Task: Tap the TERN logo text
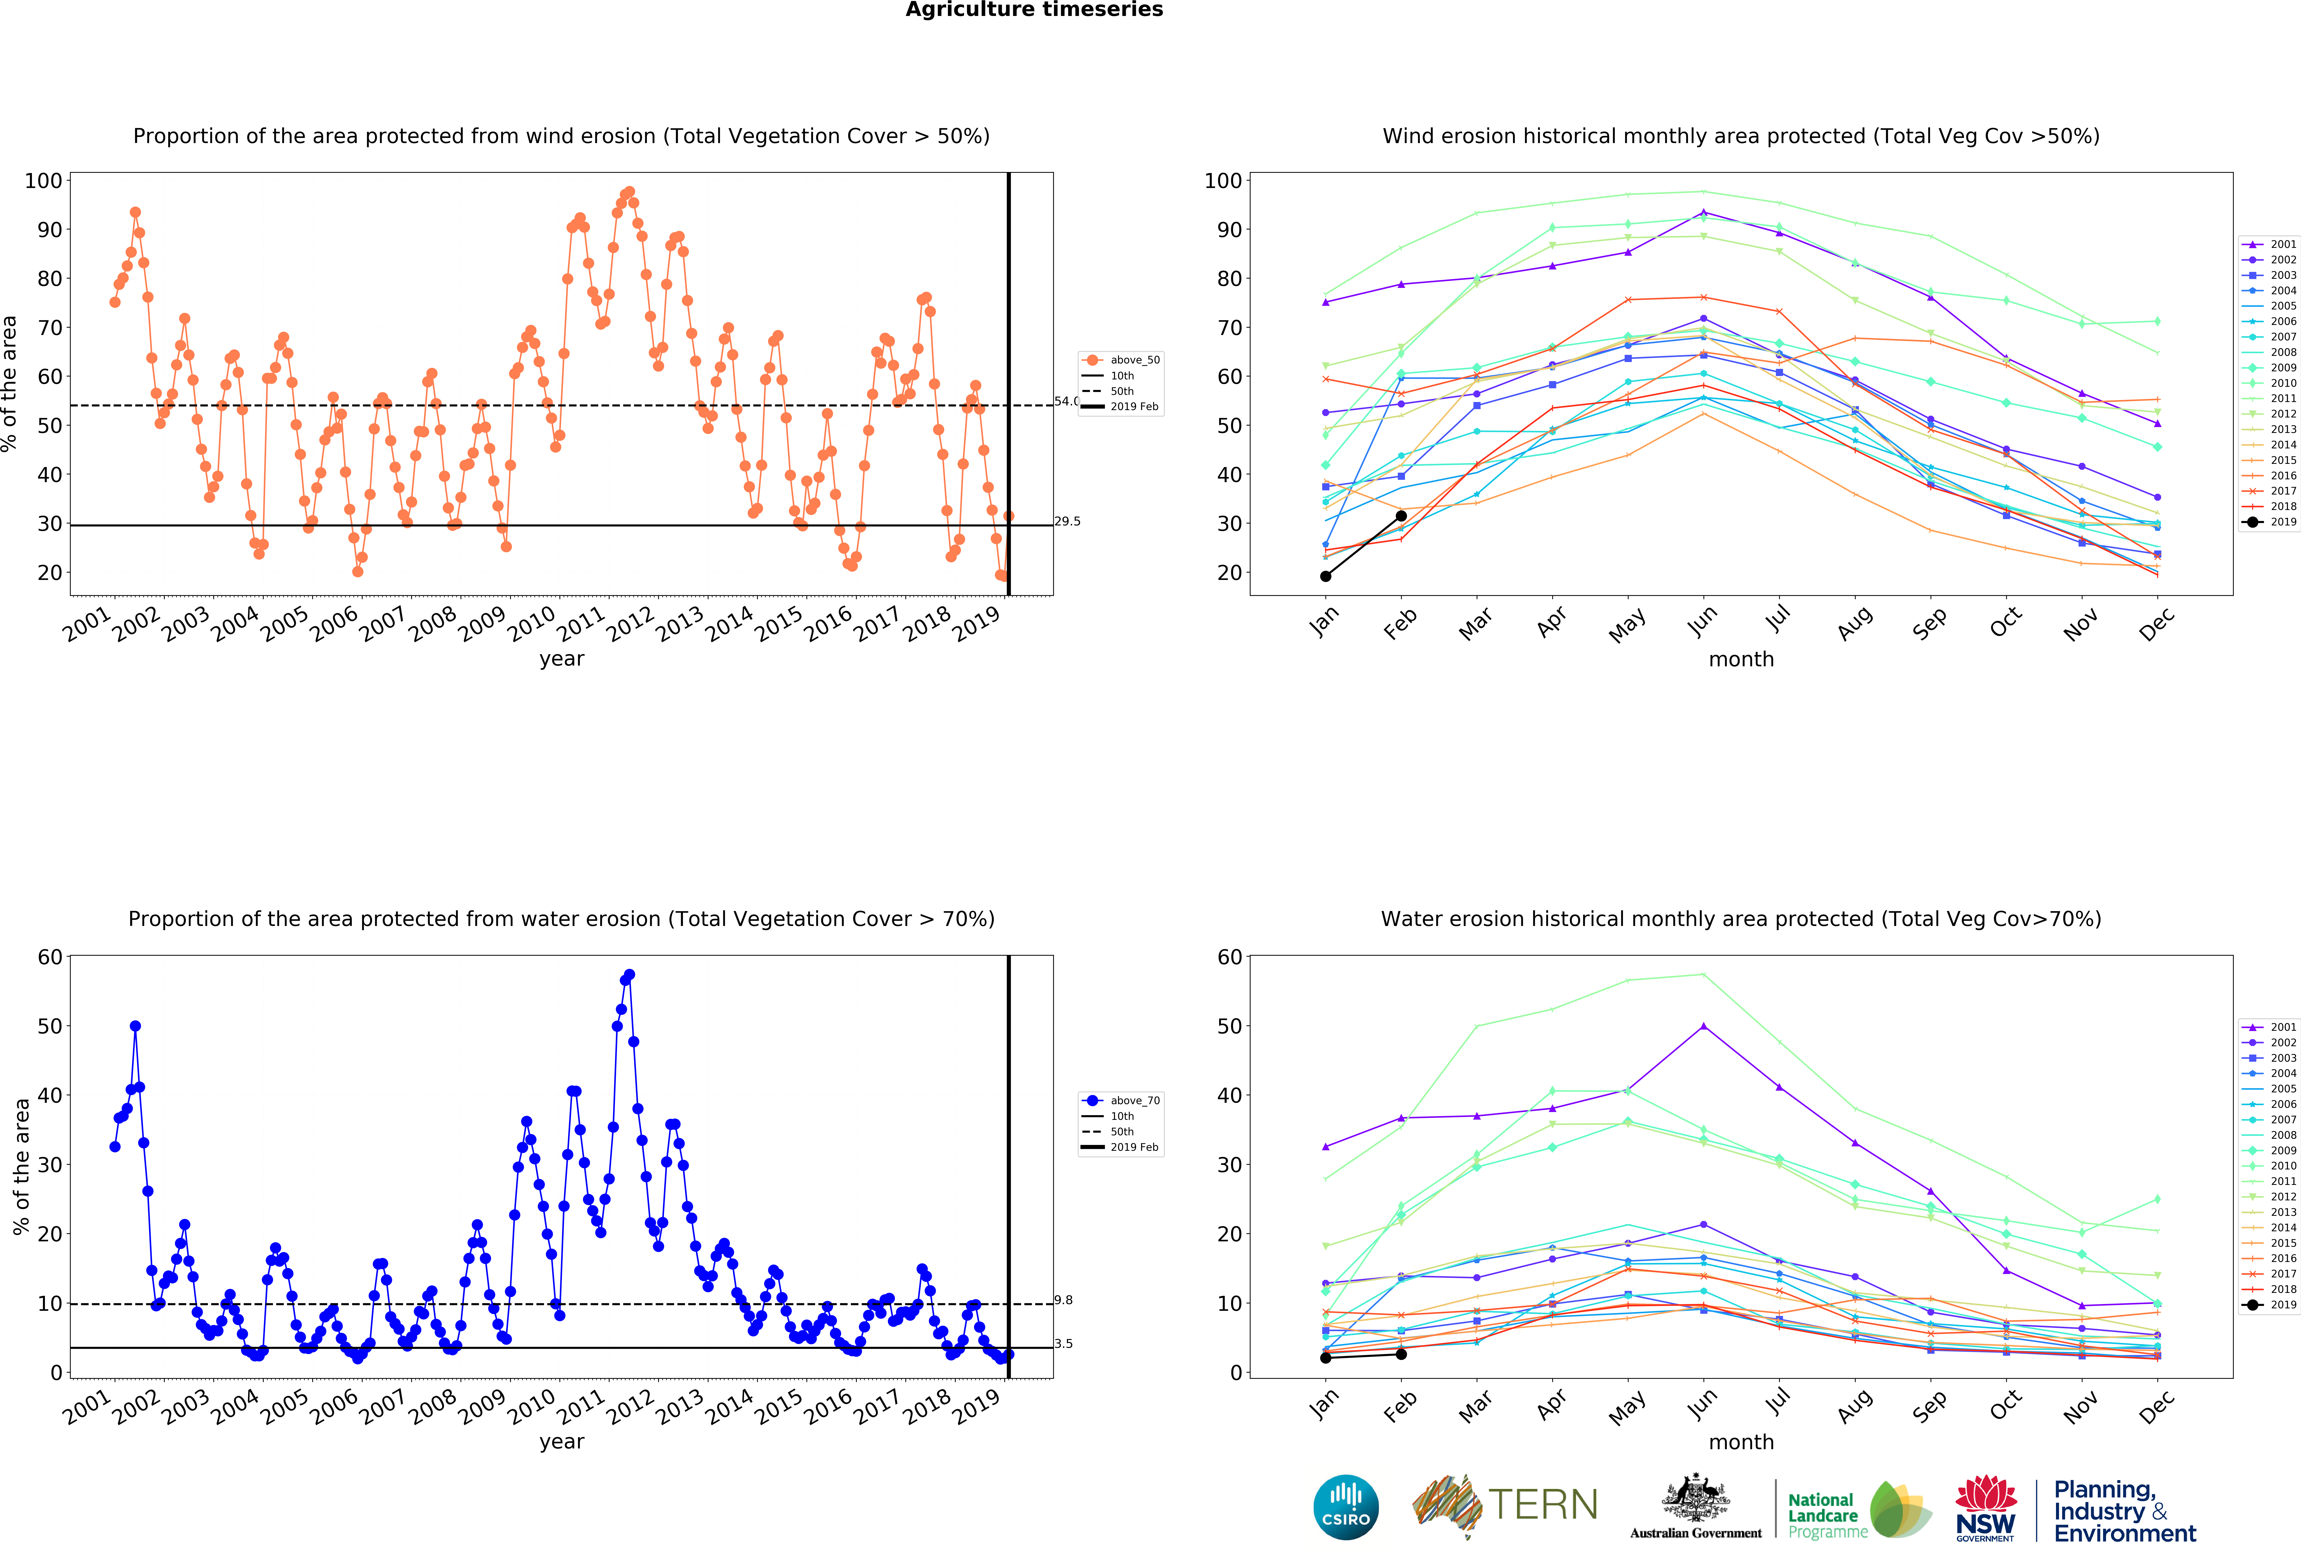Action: [1543, 1505]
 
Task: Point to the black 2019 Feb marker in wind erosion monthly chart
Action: [1401, 516]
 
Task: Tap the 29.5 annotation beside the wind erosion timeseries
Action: [1067, 522]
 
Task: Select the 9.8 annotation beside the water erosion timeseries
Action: [1063, 1300]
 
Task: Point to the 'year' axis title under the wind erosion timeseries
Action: [561, 659]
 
